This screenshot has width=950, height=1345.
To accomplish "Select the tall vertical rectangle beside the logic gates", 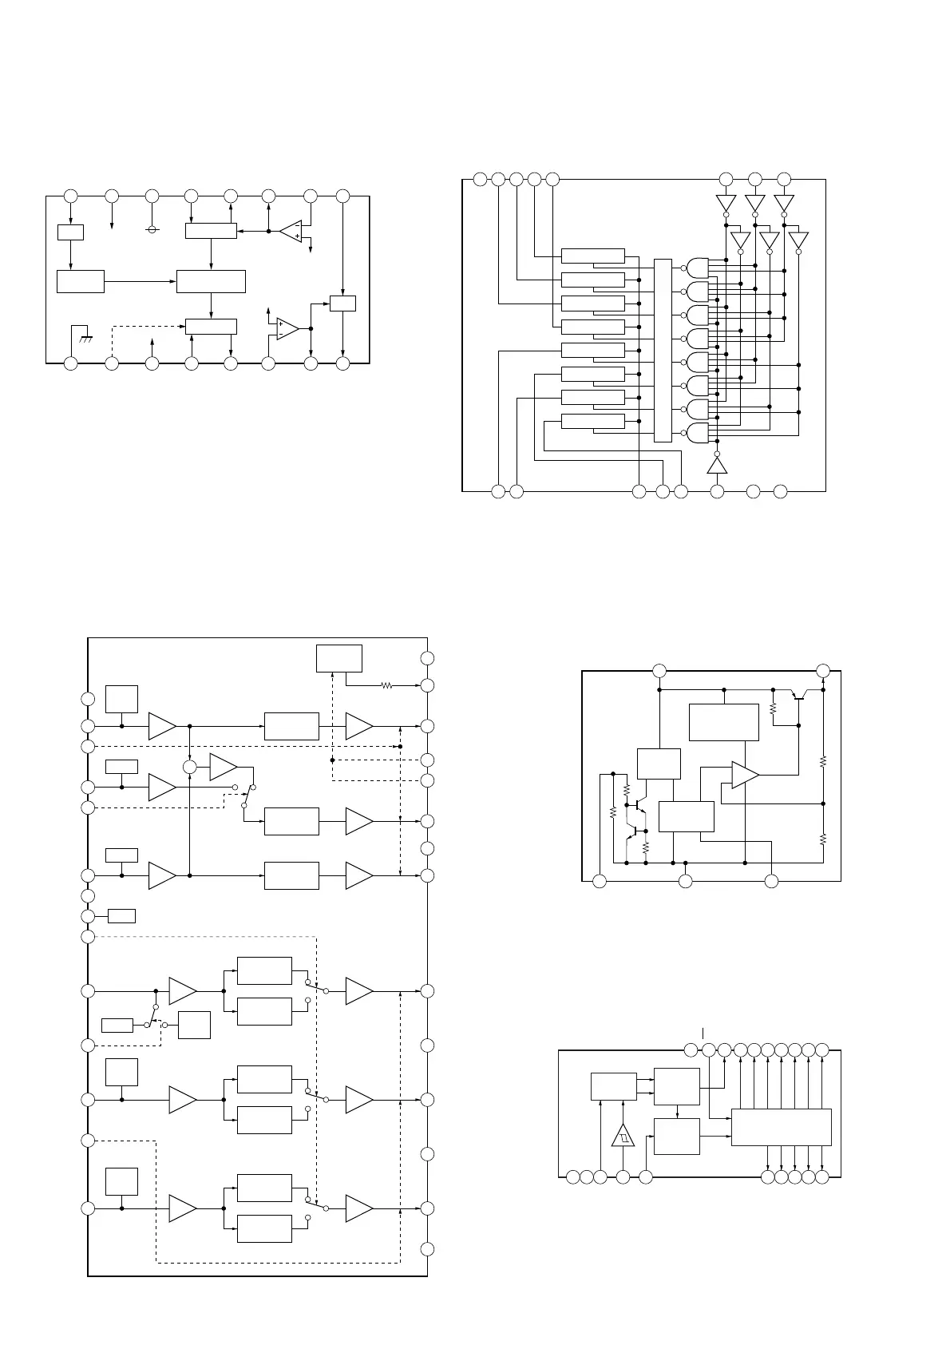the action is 663,350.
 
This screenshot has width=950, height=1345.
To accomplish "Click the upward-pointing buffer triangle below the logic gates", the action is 717,466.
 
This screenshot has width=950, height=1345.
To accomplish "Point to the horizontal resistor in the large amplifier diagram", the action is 386,684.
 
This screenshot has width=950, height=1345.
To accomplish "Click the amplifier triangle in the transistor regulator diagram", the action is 744,775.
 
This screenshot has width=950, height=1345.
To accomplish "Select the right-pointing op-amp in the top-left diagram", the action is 287,328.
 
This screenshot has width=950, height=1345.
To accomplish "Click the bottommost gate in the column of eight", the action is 698,434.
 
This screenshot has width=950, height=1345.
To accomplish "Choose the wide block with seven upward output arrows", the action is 781,1126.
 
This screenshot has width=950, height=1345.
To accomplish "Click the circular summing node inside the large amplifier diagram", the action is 189,767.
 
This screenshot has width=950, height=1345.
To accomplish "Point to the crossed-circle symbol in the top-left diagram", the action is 152,229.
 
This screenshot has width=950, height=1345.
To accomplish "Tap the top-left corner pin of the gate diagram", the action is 480,179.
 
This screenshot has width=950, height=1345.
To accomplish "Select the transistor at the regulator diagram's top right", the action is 798,694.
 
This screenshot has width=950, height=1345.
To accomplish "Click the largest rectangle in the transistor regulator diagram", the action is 723,722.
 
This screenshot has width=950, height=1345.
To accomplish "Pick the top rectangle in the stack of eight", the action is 592,256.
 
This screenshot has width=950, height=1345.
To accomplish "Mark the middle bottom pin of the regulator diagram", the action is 685,881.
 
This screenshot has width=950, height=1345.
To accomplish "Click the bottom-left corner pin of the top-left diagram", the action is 71,363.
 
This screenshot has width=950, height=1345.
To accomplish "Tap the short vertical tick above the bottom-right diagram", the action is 703,1033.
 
